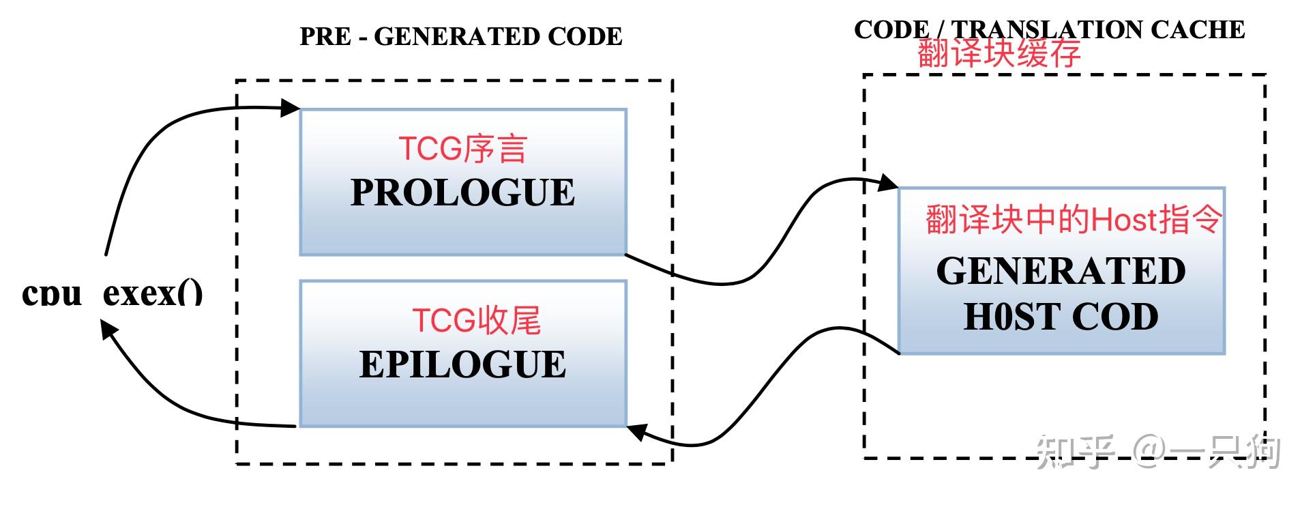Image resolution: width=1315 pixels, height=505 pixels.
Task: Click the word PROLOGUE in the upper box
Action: pyautogui.click(x=462, y=193)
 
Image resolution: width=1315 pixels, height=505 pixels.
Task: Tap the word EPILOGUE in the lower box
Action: pyautogui.click(x=462, y=364)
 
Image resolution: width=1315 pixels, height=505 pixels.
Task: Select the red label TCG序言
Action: pyautogui.click(x=462, y=149)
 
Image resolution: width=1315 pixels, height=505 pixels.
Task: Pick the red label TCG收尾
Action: pyautogui.click(x=476, y=321)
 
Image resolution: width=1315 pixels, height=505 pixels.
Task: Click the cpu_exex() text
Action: pyautogui.click(x=113, y=293)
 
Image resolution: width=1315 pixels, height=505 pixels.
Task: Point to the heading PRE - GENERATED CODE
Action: pyautogui.click(x=461, y=37)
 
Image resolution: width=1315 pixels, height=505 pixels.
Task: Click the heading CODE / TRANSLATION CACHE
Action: pyautogui.click(x=1049, y=29)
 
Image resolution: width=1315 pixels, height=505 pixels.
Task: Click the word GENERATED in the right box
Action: pyautogui.click(x=1061, y=271)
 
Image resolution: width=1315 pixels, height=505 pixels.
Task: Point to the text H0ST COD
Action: pyautogui.click(x=1061, y=317)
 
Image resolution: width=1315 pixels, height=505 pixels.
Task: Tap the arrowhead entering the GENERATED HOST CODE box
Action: pyautogui.click(x=888, y=183)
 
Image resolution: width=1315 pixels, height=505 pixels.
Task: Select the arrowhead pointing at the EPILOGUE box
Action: pyautogui.click(x=636, y=431)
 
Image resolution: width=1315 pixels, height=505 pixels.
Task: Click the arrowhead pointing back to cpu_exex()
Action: pyautogui.click(x=108, y=330)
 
